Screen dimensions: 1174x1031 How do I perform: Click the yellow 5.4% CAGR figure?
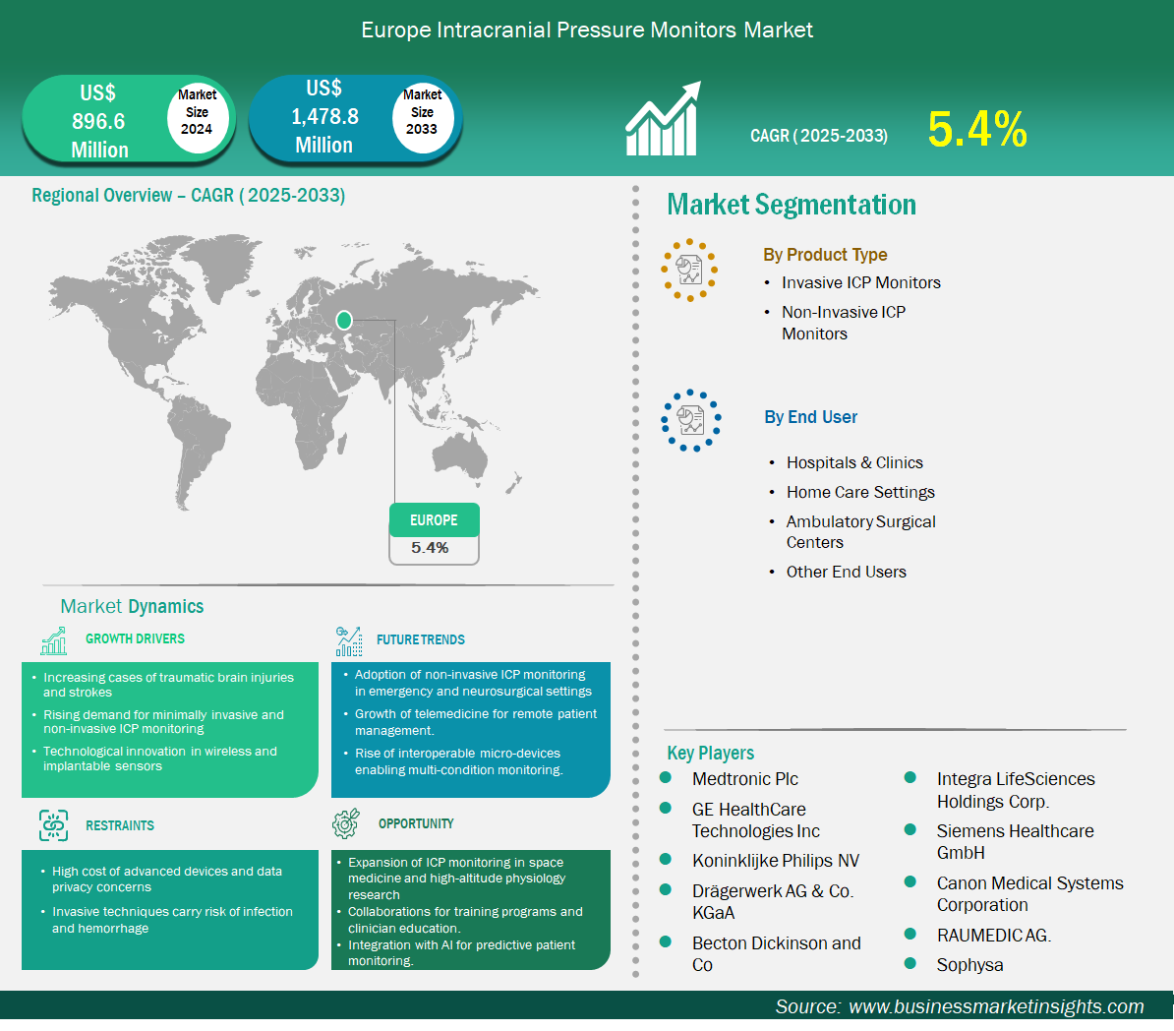tap(977, 129)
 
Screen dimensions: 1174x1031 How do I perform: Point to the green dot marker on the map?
tap(344, 320)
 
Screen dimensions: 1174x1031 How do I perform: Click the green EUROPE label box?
tap(435, 520)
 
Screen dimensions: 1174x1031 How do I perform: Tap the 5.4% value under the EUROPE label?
tap(430, 548)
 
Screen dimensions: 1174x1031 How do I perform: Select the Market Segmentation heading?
tap(792, 205)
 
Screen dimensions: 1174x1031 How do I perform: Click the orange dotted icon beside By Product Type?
tap(689, 270)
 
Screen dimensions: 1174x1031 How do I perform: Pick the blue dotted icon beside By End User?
tap(690, 420)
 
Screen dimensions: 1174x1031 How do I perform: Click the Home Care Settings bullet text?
tap(860, 492)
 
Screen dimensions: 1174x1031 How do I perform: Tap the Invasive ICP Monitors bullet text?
tap(861, 282)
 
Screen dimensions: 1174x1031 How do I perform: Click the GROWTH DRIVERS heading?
tap(135, 638)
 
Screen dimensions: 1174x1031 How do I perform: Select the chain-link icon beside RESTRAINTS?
tap(53, 825)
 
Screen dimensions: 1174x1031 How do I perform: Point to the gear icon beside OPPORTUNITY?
tap(346, 823)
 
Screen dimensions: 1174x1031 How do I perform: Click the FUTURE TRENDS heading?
tap(420, 639)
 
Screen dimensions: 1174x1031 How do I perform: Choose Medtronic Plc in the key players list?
tap(745, 779)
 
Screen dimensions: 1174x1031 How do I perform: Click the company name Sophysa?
tap(969, 965)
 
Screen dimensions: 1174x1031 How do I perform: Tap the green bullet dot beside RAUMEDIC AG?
tap(910, 934)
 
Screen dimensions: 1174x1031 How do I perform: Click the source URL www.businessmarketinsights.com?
tap(996, 1006)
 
